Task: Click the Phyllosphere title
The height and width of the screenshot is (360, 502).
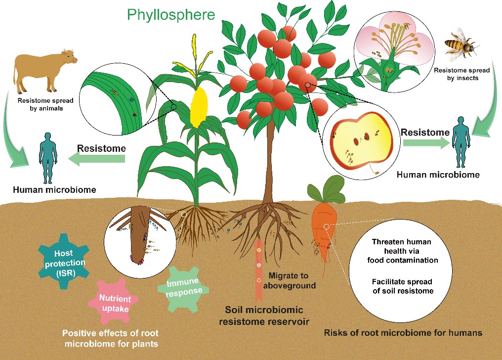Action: [x=171, y=14]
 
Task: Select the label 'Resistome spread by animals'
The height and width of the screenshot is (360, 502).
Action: [x=43, y=104]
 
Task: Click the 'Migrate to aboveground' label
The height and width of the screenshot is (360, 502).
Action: [x=292, y=280]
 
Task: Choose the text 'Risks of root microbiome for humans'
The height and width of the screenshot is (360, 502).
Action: [x=403, y=333]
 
